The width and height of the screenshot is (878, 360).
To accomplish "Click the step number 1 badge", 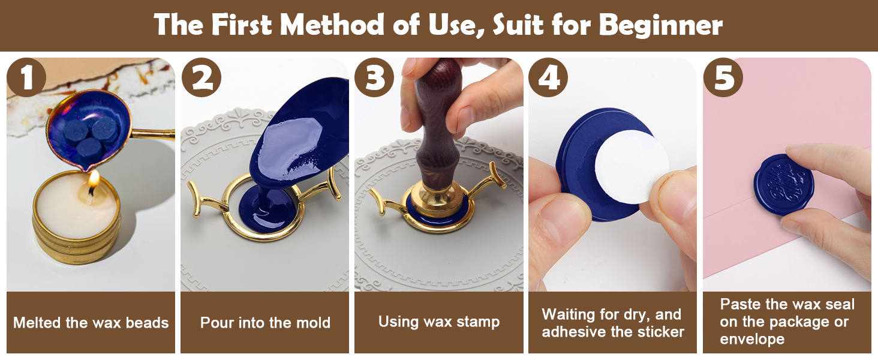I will pyautogui.click(x=27, y=78).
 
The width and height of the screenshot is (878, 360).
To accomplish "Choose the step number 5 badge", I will pyautogui.click(x=723, y=78).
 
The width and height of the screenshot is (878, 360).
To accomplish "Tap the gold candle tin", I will pyautogui.click(x=76, y=225).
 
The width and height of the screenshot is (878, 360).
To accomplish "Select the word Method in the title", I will pyautogui.click(x=333, y=25).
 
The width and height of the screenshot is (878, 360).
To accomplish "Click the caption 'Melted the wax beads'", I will pyautogui.click(x=91, y=323).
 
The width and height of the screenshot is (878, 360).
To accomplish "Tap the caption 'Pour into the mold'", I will pyautogui.click(x=265, y=323).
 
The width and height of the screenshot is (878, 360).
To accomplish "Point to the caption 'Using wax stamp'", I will pyautogui.click(x=439, y=322).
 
